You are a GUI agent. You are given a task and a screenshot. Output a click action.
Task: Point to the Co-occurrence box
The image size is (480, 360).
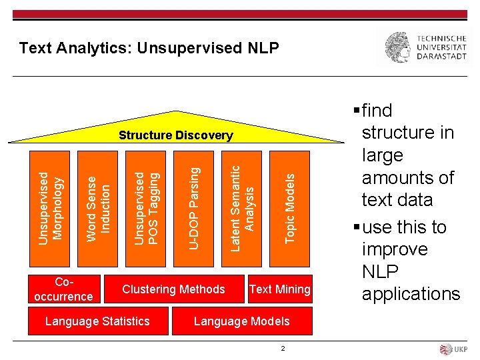click(63, 289)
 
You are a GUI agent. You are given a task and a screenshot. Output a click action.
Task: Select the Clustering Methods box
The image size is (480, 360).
click(173, 289)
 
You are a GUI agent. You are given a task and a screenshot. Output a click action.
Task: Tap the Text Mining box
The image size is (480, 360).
click(279, 289)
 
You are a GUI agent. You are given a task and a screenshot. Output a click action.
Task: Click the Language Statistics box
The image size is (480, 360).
click(97, 321)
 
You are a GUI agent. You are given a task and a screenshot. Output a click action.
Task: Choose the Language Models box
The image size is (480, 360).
click(241, 321)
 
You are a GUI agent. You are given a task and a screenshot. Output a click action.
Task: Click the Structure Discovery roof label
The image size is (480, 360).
click(176, 135)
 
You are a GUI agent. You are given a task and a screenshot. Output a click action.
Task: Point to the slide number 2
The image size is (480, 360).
click(283, 348)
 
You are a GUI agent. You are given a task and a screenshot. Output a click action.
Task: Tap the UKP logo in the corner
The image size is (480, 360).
click(454, 349)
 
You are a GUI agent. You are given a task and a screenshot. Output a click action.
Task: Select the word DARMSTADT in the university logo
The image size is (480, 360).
click(441, 57)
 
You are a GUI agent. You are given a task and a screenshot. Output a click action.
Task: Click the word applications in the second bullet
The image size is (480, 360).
click(411, 294)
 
